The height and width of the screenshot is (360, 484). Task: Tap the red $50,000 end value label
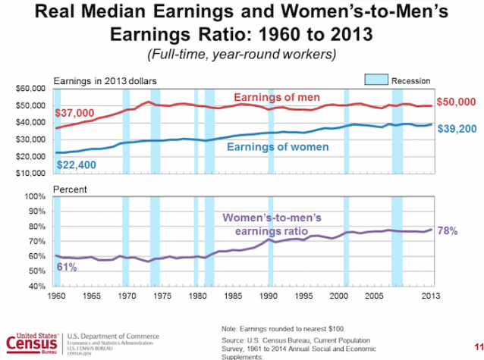tap(459, 102)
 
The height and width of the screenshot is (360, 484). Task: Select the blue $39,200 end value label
tap(459, 131)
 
